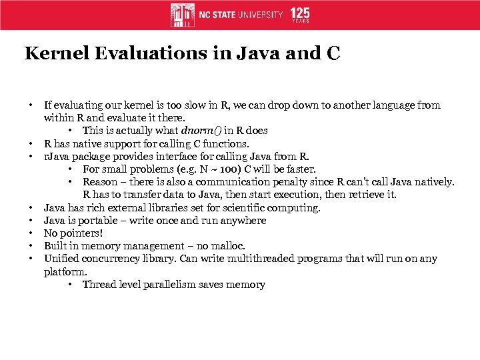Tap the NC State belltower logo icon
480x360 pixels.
pyautogui.click(x=183, y=15)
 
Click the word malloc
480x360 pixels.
pyautogui.click(x=230, y=246)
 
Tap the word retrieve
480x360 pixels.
pyautogui.click(x=357, y=195)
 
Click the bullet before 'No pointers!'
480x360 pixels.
pyautogui.click(x=31, y=233)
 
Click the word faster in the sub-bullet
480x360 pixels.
pyautogui.click(x=300, y=169)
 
